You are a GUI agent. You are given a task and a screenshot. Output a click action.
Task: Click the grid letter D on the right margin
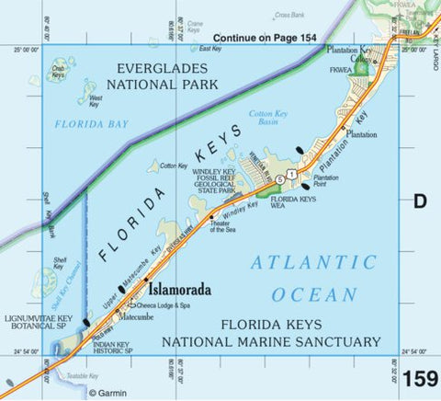[x=420, y=200]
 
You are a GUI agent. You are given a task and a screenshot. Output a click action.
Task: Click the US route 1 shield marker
[x=291, y=174]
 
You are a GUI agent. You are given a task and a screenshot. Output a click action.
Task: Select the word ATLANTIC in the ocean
[x=313, y=263]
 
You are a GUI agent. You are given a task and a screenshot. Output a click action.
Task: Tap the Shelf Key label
[x=60, y=264]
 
